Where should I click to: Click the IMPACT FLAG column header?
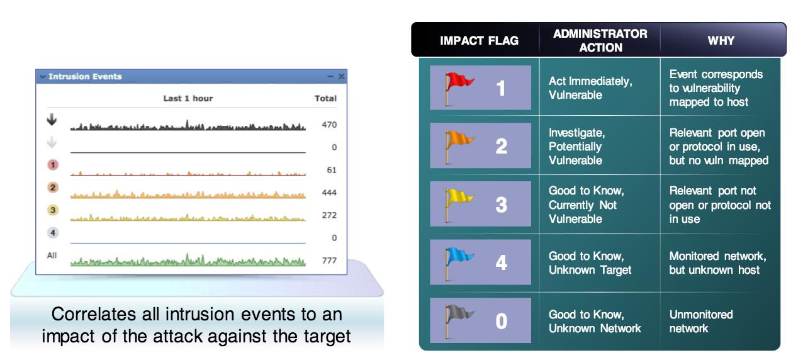click(x=479, y=41)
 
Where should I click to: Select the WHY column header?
click(x=721, y=41)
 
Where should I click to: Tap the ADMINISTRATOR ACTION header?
click(x=600, y=41)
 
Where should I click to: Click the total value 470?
click(x=329, y=125)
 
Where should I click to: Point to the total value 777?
click(x=329, y=261)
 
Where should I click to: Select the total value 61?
click(x=332, y=170)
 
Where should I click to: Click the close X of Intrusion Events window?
click(x=341, y=77)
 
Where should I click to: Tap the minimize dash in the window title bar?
click(x=330, y=77)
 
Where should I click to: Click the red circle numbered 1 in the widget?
click(x=53, y=165)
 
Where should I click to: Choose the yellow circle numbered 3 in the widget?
click(x=53, y=210)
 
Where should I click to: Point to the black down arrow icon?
click(x=52, y=120)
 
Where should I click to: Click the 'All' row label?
click(x=52, y=256)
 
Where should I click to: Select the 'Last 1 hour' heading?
click(x=188, y=98)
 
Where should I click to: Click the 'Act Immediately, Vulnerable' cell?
click(x=590, y=88)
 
